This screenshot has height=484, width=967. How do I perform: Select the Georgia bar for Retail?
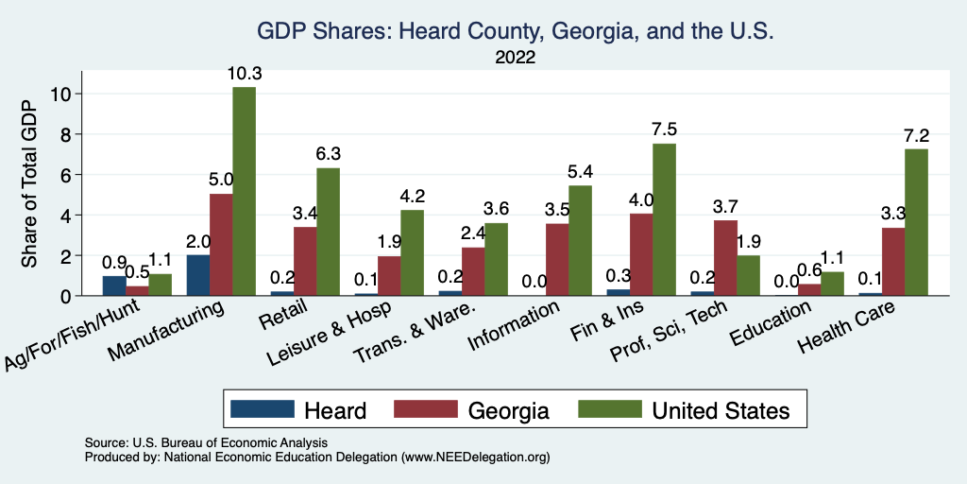305,261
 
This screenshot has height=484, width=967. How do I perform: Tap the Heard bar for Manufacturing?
198,275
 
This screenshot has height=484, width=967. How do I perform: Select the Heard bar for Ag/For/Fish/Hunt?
114,285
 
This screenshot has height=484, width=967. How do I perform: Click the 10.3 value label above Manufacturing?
244,73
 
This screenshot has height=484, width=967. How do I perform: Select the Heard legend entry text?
334,409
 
